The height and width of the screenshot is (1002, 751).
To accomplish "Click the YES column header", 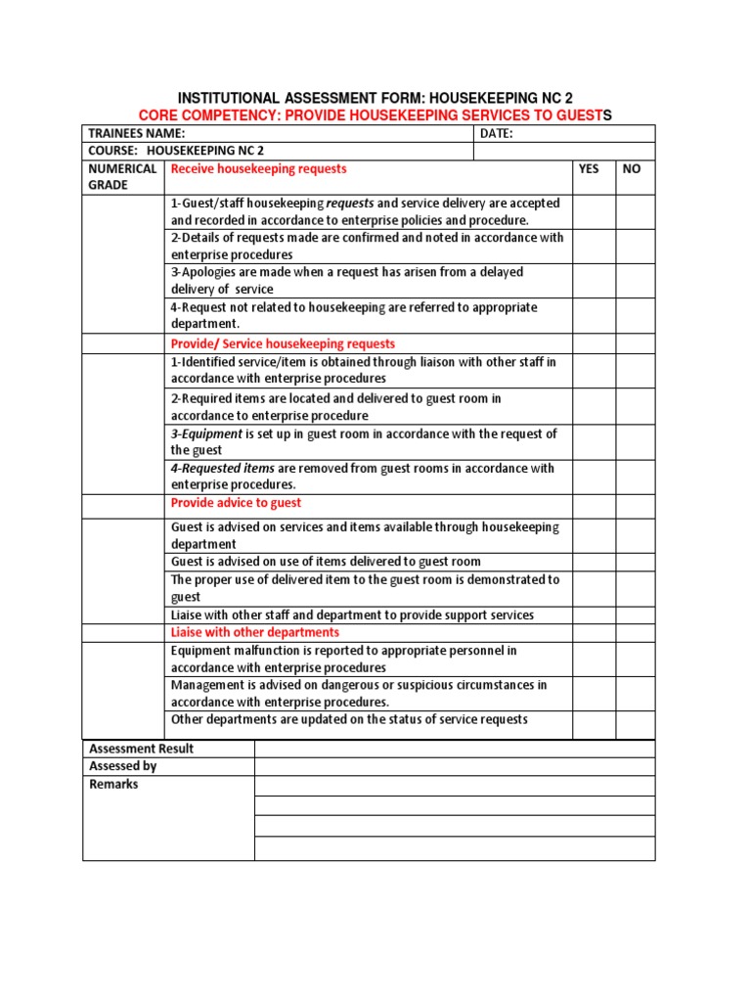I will (589, 169).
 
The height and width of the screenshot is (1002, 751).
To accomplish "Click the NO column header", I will (632, 169).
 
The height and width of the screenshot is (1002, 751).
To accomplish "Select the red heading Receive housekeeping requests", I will (258, 169).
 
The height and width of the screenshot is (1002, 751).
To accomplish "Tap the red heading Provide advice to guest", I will (236, 503).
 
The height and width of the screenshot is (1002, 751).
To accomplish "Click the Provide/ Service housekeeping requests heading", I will (283, 343).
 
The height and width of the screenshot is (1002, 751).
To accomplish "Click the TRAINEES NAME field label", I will (136, 133).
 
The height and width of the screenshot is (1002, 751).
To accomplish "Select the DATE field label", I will (497, 133).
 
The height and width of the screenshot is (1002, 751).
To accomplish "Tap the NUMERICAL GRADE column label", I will (122, 177).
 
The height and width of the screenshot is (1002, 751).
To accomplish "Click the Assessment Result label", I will (141, 749).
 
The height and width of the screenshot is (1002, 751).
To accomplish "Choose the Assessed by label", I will (122, 766).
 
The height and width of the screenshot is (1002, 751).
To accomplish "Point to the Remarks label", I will (113, 784).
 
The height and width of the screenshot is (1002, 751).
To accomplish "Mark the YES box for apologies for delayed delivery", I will (594, 281).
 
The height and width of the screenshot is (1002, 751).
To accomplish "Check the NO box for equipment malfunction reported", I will (636, 659).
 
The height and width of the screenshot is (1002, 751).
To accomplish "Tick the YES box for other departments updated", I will (594, 724).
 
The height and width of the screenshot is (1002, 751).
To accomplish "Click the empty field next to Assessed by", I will (455, 767).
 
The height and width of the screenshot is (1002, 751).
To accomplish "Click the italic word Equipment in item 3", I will (210, 433).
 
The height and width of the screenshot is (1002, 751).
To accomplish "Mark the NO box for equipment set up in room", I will (636, 442).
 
